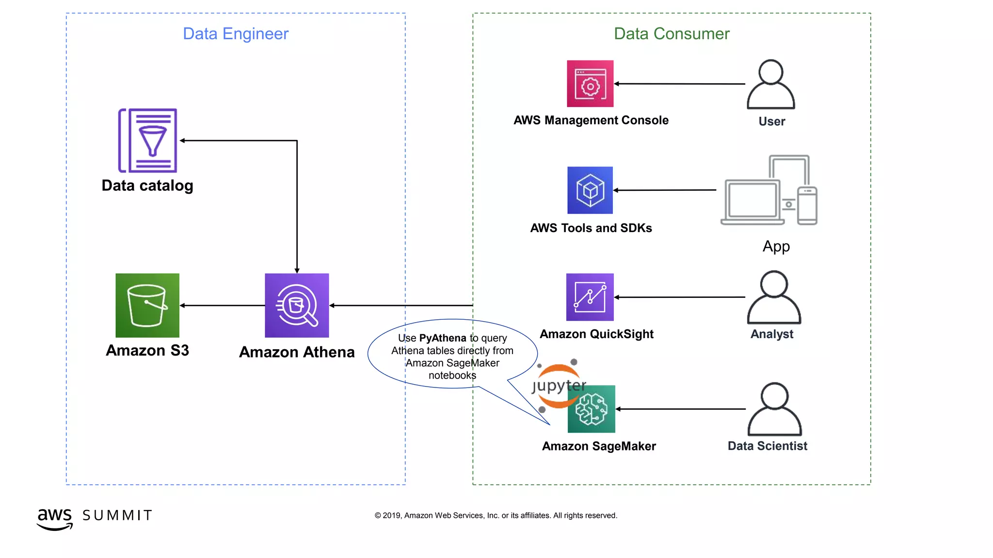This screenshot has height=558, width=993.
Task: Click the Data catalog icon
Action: coord(148,140)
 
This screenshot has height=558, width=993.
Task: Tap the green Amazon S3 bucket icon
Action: coord(147,305)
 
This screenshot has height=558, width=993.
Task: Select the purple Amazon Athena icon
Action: coord(297,305)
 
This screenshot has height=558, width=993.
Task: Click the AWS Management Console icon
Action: coord(590,83)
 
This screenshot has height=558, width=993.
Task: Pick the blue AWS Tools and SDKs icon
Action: coord(590,190)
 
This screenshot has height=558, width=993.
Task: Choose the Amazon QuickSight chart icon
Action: coord(590,297)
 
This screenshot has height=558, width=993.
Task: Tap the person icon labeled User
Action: coord(770,84)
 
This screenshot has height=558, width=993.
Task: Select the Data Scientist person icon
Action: coord(774,409)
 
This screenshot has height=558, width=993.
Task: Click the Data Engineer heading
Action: coord(236,33)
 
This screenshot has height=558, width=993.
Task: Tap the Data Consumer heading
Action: coord(672,33)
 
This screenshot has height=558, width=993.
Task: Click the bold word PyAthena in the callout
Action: coord(442,338)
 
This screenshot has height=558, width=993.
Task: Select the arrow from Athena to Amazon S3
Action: coord(222,306)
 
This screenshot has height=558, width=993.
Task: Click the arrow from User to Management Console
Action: coord(679,84)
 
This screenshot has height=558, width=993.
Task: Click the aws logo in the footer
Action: coord(55,518)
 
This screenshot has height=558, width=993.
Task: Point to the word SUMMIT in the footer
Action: coord(117,515)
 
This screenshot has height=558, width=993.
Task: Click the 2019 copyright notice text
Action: coord(496,515)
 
